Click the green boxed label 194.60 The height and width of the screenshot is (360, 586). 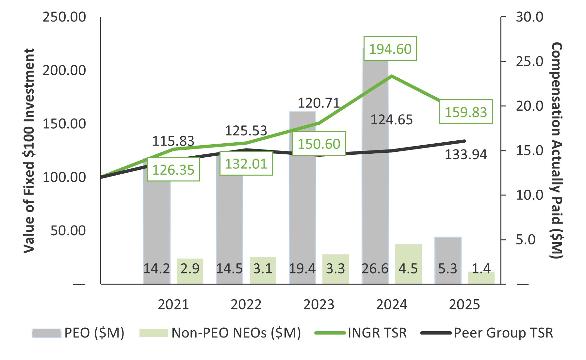pyautogui.click(x=390, y=49)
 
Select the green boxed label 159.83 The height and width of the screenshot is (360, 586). pyautogui.click(x=466, y=112)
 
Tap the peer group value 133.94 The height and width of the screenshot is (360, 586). pyautogui.click(x=466, y=154)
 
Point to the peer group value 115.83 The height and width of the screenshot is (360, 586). pyautogui.click(x=173, y=141)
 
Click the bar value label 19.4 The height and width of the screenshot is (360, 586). pyautogui.click(x=302, y=269)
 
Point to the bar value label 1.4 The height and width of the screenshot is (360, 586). pyautogui.click(x=481, y=269)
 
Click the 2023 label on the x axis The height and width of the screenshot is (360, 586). pyautogui.click(x=319, y=305)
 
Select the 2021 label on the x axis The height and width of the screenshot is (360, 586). pyautogui.click(x=173, y=305)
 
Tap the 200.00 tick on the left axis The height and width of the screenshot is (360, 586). pyautogui.click(x=64, y=70)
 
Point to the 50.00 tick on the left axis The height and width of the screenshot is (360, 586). pyautogui.click(x=68, y=230)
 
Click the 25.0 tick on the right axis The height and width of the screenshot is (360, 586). pyautogui.click(x=529, y=61)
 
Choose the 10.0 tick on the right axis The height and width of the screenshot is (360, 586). pyautogui.click(x=529, y=195)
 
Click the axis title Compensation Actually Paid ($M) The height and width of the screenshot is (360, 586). pyautogui.click(x=557, y=150)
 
